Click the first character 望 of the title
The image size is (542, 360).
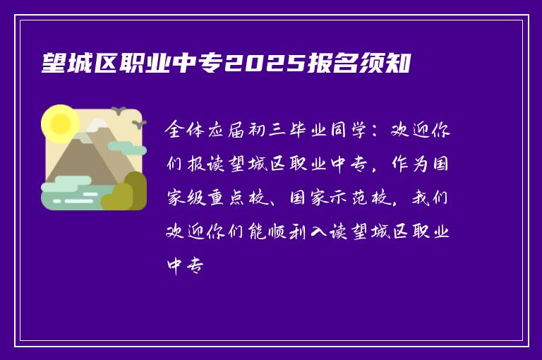pyautogui.click(x=54, y=65)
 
